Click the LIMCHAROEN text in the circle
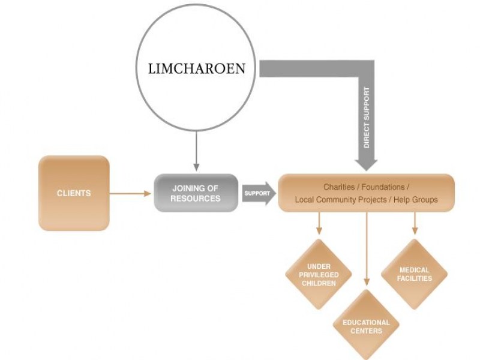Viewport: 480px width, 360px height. tap(196, 68)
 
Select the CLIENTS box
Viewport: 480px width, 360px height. tap(74, 193)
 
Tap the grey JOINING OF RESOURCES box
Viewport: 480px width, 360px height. tap(196, 193)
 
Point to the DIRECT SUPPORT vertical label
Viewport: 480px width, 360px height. tap(367, 118)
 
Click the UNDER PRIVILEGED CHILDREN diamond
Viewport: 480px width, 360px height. tap(319, 274)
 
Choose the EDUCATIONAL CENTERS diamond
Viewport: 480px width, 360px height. tap(366, 326)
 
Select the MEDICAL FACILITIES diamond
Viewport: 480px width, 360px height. tap(414, 274)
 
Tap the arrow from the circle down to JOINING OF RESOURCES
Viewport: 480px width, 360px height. tap(196, 150)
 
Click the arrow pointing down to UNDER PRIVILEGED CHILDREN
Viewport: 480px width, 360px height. tap(319, 223)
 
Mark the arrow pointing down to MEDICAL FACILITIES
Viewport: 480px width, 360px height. tap(414, 223)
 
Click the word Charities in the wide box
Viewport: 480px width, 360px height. tap(340, 187)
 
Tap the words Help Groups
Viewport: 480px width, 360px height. tap(417, 200)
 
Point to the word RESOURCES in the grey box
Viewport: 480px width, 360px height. tap(196, 199)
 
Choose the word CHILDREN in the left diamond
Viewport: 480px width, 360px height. tap(319, 283)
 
